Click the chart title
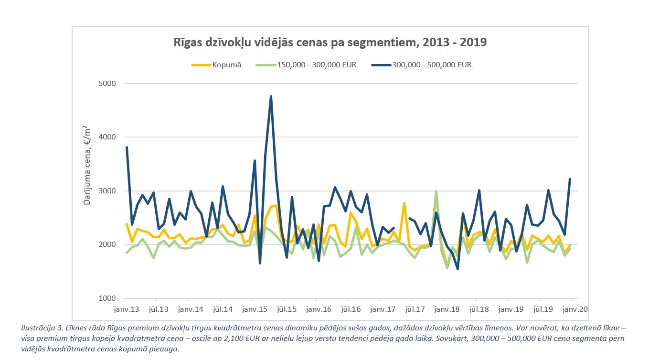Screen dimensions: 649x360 point(330,42)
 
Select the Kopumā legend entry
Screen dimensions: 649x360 point(216,65)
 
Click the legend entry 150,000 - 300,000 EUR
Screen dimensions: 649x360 point(306,65)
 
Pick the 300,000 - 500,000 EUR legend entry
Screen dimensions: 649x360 point(421,65)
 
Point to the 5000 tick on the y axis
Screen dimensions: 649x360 point(107,84)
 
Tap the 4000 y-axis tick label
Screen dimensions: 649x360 point(107,137)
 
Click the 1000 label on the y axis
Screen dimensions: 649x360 point(107,298)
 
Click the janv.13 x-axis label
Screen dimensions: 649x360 point(127,309)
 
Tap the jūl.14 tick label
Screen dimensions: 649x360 point(223,309)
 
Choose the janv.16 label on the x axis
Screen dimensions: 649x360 point(319,309)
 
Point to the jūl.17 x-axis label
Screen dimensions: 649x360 point(415,309)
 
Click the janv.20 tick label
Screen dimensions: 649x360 point(575,309)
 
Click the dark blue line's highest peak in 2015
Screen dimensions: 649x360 point(271,96)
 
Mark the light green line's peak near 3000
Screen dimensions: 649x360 point(436,191)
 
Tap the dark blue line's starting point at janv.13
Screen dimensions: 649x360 point(127,148)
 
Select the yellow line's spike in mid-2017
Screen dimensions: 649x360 point(404,203)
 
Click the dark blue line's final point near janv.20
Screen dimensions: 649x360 point(570,179)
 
